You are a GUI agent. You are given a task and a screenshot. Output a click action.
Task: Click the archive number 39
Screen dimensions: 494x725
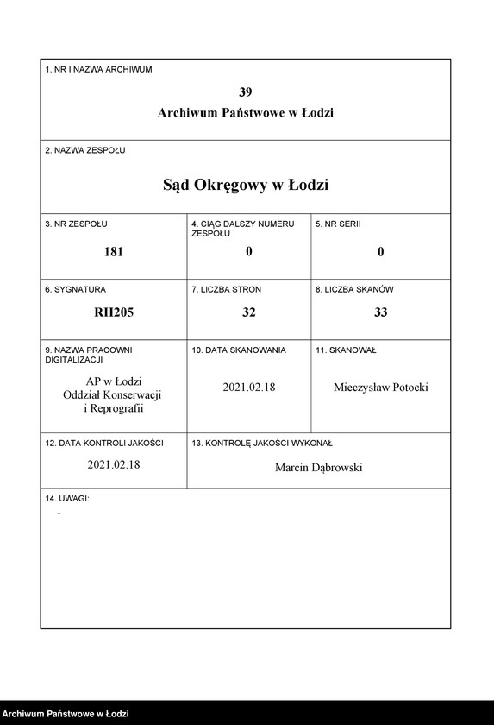click(246, 92)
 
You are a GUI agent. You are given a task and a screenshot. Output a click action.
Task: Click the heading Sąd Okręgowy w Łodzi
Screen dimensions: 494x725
click(246, 185)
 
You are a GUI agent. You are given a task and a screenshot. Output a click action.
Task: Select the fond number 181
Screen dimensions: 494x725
click(114, 252)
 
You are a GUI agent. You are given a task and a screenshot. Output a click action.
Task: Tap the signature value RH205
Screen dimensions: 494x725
click(114, 312)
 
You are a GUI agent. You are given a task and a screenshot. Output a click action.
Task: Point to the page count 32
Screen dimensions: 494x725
click(249, 312)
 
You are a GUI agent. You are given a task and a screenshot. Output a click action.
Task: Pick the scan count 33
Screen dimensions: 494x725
click(380, 312)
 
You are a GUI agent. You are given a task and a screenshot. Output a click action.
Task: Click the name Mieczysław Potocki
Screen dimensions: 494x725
click(380, 388)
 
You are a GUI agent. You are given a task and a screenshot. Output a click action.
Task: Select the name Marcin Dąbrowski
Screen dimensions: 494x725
click(319, 467)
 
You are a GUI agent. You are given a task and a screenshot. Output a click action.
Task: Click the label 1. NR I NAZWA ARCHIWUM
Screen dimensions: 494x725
click(98, 70)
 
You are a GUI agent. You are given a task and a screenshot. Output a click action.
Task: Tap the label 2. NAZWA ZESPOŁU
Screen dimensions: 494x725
click(85, 150)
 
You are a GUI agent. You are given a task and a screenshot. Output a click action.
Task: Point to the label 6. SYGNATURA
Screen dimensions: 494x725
click(76, 290)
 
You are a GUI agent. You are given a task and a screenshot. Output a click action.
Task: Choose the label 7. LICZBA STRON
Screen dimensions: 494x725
click(226, 290)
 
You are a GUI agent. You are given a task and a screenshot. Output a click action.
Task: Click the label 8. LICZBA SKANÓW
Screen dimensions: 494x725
click(354, 290)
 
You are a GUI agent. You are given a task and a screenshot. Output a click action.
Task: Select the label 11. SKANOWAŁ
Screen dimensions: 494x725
click(346, 350)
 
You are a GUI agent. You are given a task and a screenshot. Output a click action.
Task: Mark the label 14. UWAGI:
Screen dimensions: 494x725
click(67, 499)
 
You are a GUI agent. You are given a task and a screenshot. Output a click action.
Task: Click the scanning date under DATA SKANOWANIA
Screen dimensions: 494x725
click(249, 388)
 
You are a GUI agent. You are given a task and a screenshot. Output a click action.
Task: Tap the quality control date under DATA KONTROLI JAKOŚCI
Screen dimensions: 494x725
click(114, 464)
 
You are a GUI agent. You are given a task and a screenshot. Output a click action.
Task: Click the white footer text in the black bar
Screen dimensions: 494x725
click(66, 714)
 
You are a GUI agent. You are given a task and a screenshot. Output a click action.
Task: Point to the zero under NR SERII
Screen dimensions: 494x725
click(380, 252)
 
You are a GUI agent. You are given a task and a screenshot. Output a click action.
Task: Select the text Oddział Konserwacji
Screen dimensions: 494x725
click(114, 394)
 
